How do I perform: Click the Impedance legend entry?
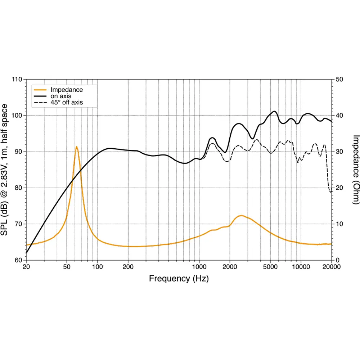coord(67,90)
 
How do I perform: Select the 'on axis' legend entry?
coord(61,96)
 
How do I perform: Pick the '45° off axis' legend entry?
coord(67,103)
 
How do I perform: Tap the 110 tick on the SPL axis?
coord(17,79)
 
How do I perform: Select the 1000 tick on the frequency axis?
coord(199,267)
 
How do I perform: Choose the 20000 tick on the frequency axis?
coord(332,267)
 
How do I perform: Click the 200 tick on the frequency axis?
coord(128,267)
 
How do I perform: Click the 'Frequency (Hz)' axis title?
coord(179,278)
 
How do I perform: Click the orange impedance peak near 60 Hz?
coord(77,147)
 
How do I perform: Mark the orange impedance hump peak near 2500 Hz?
coord(241,216)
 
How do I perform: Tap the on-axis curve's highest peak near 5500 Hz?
coord(275,111)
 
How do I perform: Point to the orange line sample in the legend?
coord(40,90)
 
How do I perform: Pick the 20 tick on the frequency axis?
coord(26,267)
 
